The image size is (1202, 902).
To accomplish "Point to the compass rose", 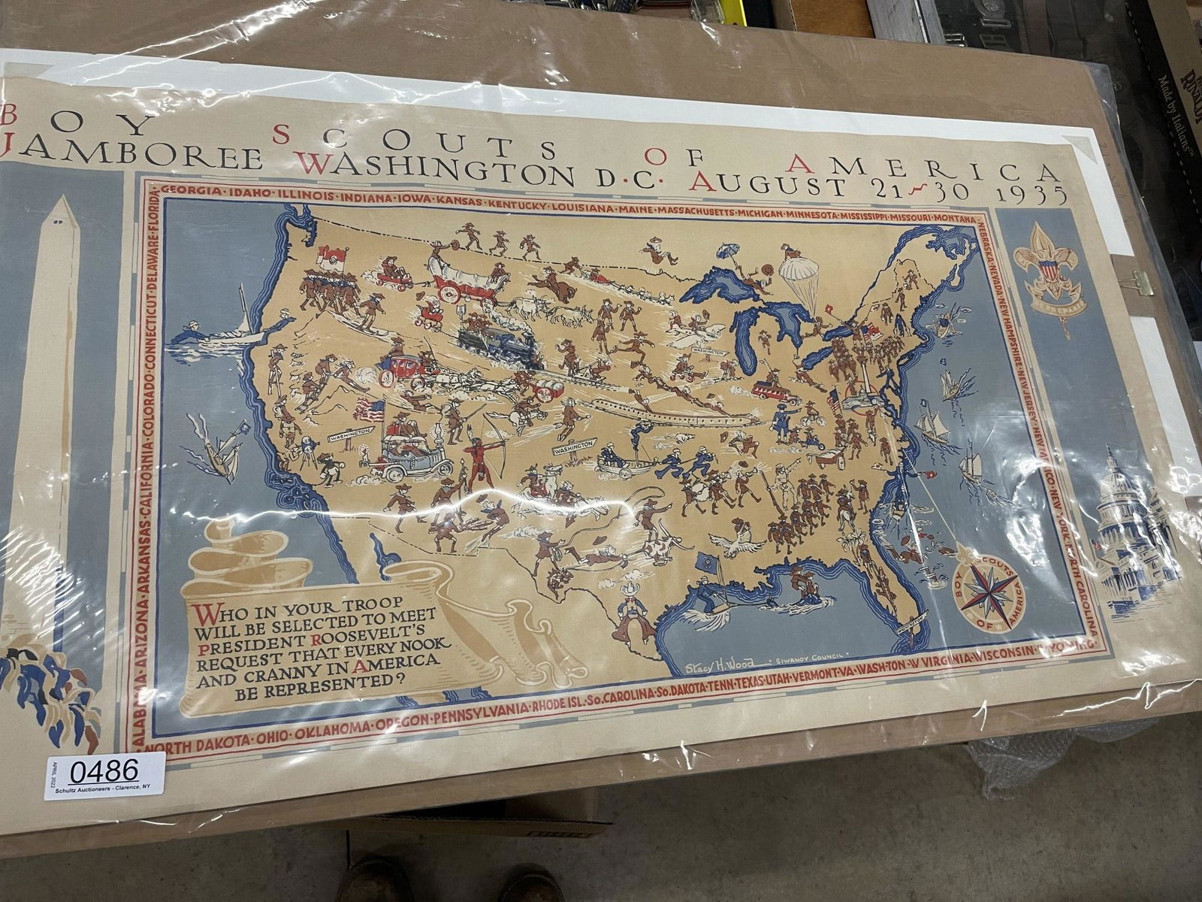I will [989, 591].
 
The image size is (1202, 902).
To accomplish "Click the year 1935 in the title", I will [1031, 193].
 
